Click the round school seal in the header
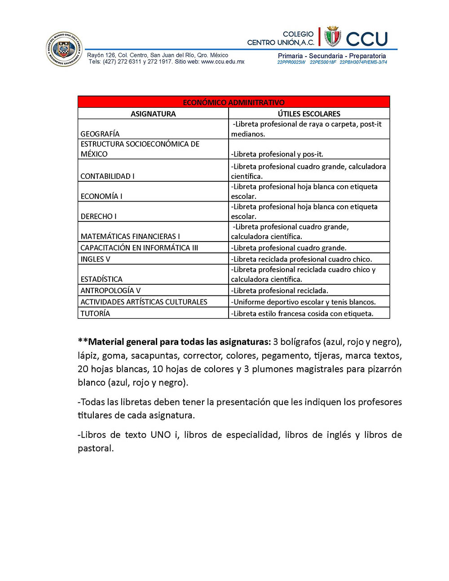pos(65,49)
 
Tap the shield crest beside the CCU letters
pos(333,37)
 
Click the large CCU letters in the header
pos(367,39)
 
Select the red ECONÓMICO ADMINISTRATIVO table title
pos(233,102)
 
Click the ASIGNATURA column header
pos(153,114)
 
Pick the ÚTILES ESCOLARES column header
pos(309,114)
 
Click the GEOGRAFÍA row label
pos(100,134)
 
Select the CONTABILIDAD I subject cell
pos(107,176)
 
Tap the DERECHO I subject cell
pos(98,216)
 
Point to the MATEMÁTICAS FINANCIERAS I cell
pos(130,236)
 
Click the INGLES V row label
pos(95,259)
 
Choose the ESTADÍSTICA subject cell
pos(101,279)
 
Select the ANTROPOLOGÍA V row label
pos(110,290)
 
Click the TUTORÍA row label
pos(95,313)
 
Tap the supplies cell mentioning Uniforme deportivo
pos(304,302)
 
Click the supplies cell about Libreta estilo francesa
pos(302,313)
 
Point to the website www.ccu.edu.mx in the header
pos(223,62)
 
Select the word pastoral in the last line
pos(95,449)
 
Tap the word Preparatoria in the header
pos(367,56)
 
